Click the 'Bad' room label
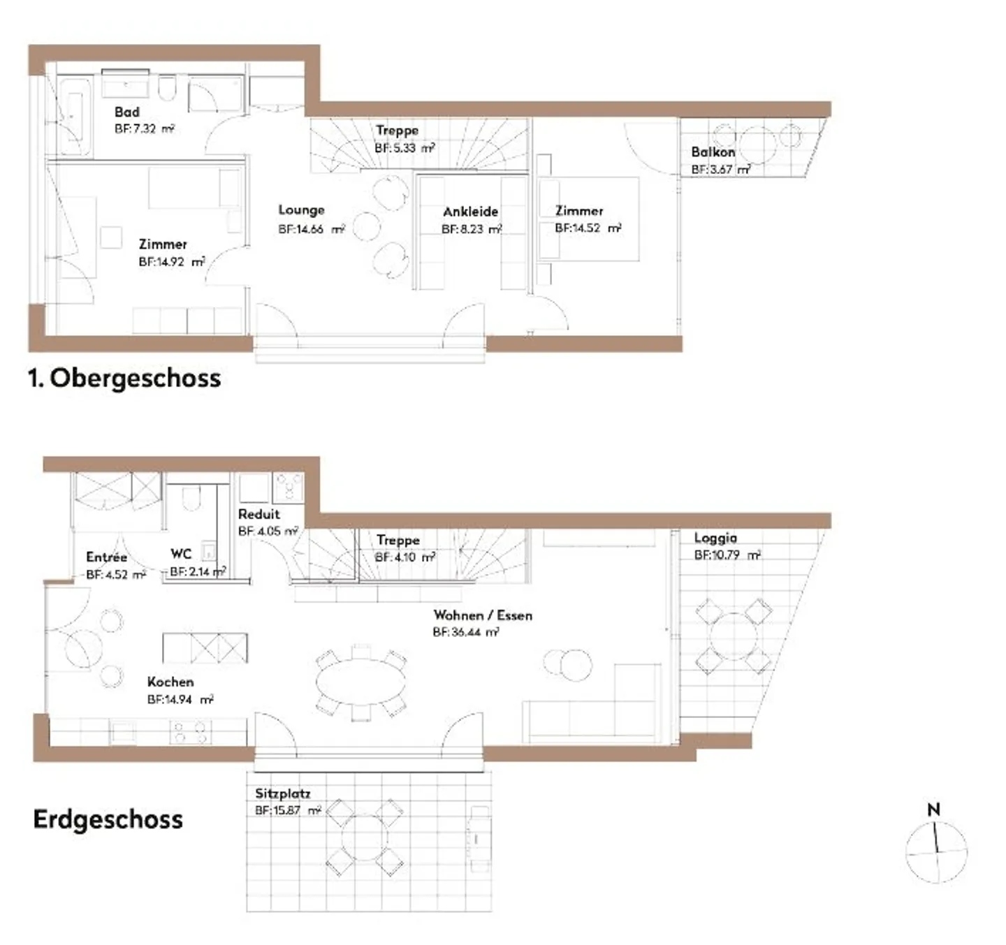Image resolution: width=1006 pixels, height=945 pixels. click(126, 112)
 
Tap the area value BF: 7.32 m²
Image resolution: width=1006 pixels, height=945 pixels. click(144, 129)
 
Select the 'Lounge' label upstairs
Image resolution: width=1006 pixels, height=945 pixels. click(301, 210)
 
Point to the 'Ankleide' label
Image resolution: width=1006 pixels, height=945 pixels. click(470, 211)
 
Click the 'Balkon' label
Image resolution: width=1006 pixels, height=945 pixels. click(713, 152)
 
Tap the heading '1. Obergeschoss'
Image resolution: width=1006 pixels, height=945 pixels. click(124, 378)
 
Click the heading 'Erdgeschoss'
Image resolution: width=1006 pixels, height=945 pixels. click(108, 819)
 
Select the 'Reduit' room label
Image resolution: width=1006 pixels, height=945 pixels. click(258, 514)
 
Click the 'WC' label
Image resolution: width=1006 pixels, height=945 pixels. click(181, 554)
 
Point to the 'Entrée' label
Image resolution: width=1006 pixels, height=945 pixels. click(106, 557)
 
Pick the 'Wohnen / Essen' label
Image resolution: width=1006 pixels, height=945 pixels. click(483, 615)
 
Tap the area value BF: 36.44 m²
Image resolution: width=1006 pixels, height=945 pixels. click(465, 633)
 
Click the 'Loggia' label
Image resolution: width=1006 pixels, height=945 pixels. click(715, 538)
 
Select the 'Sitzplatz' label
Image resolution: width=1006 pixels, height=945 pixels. click(282, 793)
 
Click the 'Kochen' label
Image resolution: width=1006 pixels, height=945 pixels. click(170, 682)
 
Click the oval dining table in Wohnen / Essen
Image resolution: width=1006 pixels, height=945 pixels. click(360, 682)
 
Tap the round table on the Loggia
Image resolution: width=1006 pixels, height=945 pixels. click(734, 636)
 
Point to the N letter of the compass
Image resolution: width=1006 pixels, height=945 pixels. click(933, 810)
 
